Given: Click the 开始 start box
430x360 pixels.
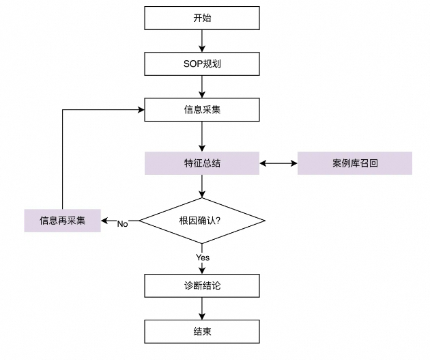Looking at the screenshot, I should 202,18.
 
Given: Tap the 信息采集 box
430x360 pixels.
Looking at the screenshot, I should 202,109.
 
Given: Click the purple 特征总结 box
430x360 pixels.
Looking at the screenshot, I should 202,163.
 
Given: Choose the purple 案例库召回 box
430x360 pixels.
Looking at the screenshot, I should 354,163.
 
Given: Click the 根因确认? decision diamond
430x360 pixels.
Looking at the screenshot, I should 202,221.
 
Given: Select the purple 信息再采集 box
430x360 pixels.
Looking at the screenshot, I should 62,221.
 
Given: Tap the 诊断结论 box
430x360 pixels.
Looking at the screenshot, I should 202,285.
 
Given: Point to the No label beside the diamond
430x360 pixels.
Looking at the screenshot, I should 123,224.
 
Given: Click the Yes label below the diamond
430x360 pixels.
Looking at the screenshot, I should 203,258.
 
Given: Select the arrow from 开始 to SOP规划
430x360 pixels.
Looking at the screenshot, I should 202,40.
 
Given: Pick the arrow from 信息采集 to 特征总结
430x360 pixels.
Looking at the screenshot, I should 202,135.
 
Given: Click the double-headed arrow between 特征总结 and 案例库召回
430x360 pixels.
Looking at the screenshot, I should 278,163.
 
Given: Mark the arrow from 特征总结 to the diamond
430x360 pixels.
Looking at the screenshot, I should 202,186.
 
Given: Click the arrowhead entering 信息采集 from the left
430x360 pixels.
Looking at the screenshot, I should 140,109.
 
